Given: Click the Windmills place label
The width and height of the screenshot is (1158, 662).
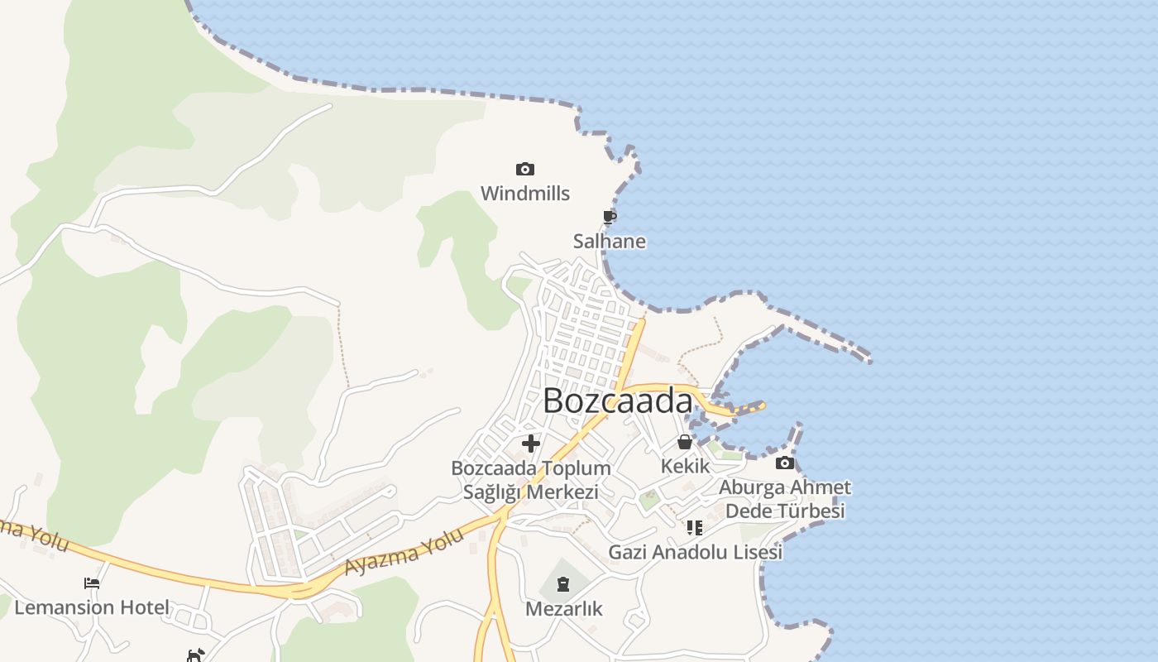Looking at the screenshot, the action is click(x=525, y=194).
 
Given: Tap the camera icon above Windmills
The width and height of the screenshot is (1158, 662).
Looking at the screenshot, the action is click(x=525, y=170).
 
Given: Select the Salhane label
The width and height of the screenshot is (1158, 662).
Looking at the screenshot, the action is click(x=610, y=242).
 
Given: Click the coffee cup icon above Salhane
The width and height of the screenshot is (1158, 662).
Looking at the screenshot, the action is click(x=610, y=218).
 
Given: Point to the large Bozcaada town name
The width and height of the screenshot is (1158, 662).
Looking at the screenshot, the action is click(x=617, y=401).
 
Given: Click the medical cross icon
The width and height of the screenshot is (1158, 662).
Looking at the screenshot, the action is click(x=531, y=444).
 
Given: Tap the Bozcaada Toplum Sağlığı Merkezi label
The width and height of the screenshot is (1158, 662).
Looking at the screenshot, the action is click(x=531, y=480).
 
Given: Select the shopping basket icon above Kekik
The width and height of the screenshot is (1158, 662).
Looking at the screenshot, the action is click(x=685, y=442).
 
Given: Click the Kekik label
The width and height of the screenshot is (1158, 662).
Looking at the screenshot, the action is click(x=685, y=466).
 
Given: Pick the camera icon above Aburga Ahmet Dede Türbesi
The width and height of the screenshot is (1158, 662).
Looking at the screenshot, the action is click(x=785, y=463).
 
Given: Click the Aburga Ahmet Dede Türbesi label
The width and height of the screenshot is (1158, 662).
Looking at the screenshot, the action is click(x=785, y=499).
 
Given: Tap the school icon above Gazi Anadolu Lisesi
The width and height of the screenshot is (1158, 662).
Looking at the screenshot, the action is click(x=695, y=527).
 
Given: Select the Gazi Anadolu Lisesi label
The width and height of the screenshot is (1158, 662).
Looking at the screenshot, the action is click(x=695, y=552).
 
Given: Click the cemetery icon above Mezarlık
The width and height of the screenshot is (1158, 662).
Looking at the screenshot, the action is click(x=563, y=585).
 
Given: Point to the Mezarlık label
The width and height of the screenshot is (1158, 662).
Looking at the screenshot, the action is click(x=564, y=609).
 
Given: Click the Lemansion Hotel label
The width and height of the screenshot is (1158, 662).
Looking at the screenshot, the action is click(x=92, y=607).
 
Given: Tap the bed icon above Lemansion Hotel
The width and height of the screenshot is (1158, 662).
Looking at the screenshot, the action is click(x=92, y=583).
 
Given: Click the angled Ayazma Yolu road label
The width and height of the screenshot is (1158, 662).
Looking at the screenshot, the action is click(x=404, y=553).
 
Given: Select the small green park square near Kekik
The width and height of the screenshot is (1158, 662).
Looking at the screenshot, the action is click(x=649, y=500).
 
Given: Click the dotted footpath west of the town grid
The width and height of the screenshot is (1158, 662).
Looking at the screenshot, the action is click(x=342, y=348).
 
